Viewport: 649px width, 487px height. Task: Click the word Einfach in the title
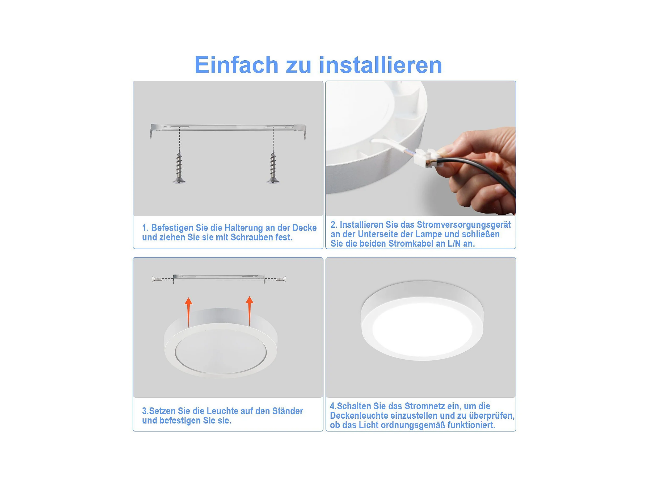237,65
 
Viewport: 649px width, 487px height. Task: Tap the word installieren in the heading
381,65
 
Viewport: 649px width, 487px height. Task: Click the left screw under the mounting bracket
179,168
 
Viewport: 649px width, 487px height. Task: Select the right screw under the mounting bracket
273,168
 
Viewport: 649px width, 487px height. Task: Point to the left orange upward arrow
188,312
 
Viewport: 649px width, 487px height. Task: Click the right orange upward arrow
249,311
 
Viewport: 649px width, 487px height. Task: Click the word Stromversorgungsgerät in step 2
464,224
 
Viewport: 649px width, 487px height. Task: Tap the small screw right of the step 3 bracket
281,279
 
